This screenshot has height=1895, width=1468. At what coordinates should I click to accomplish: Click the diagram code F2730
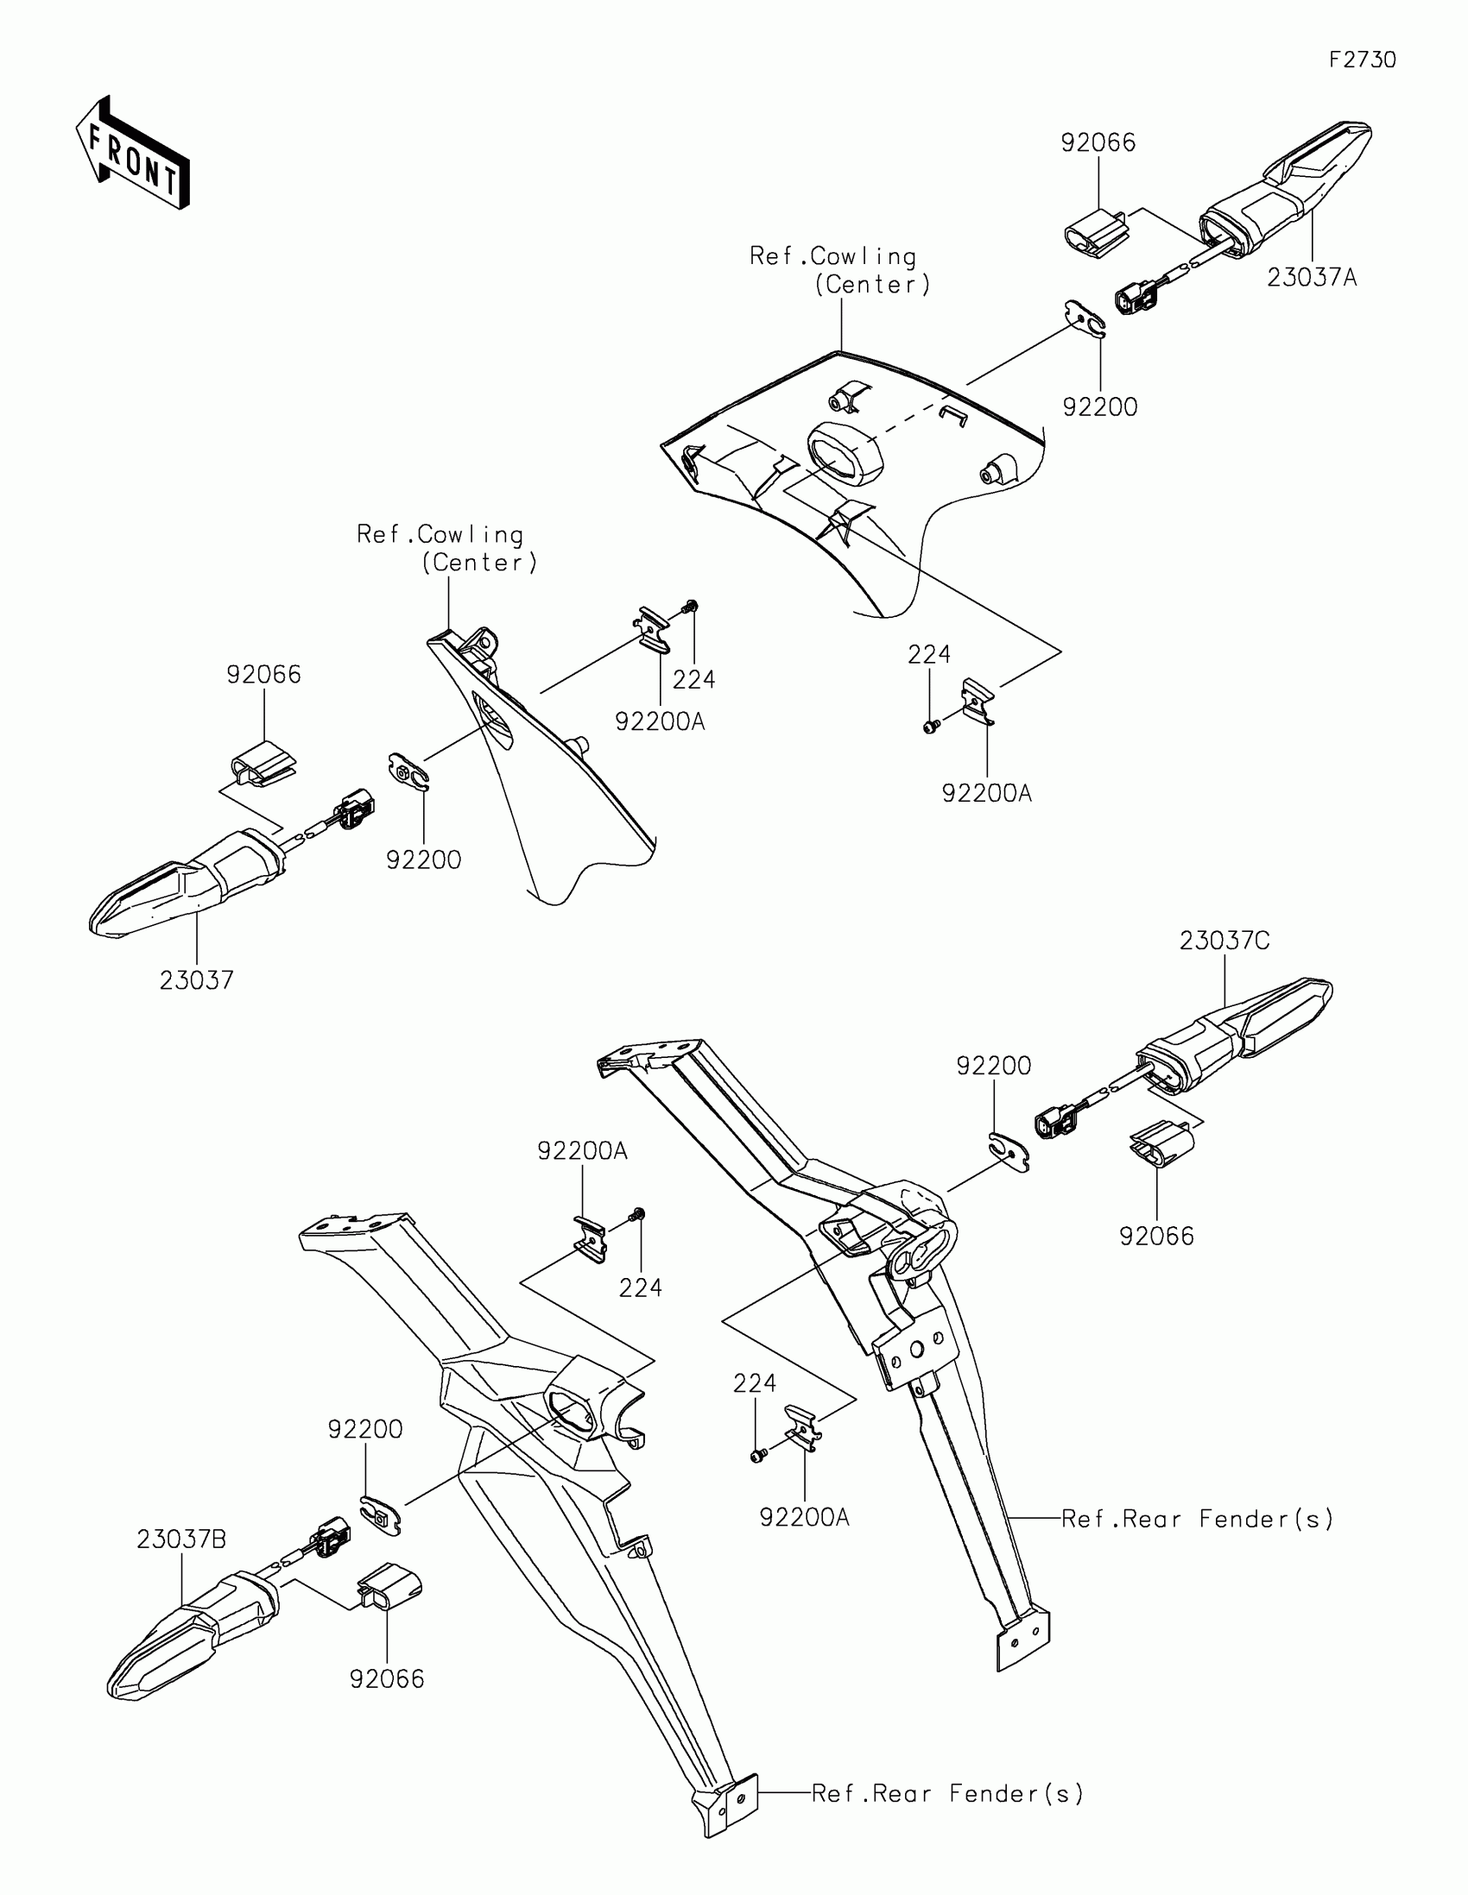coord(1362,60)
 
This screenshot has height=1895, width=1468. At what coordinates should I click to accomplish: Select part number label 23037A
coord(1311,278)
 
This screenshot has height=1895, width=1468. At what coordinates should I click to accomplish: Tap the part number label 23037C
coord(1224,941)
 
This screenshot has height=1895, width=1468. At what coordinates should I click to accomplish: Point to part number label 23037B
coord(181,1540)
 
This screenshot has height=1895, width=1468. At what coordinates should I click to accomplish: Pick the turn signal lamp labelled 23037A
coord(1285,186)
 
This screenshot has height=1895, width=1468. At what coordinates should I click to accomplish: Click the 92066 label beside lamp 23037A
coord(1098,142)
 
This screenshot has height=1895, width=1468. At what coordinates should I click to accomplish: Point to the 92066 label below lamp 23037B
coord(387,1679)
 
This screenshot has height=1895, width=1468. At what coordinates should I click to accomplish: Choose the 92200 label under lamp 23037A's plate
coord(1100,407)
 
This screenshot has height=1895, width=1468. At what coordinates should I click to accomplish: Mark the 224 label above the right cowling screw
coord(929,654)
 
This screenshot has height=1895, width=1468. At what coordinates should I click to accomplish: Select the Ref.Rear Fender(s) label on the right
coord(1197,1519)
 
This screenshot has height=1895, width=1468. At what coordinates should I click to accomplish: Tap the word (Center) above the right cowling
coord(872,285)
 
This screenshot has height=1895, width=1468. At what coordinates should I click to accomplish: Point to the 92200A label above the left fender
coord(582,1150)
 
